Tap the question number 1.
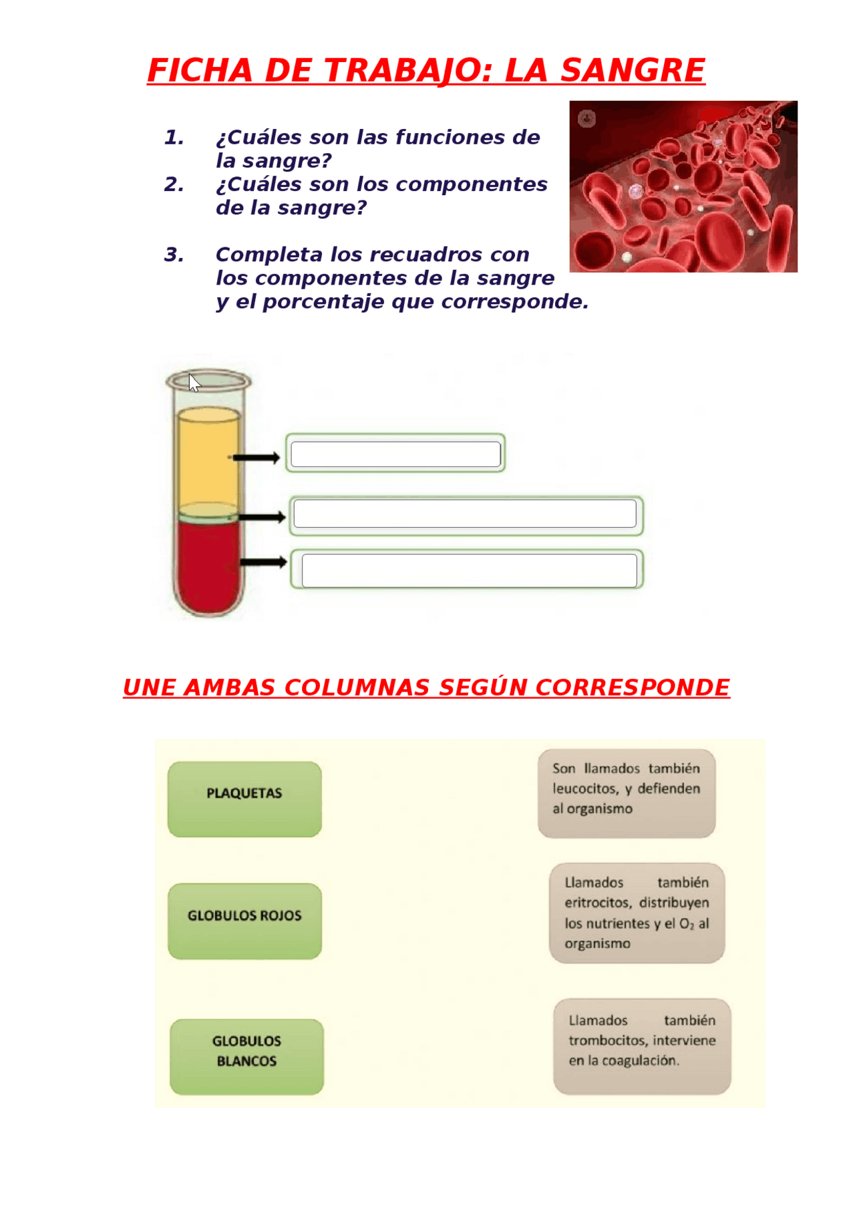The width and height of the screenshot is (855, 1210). [174, 138]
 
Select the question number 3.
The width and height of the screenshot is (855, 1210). [174, 255]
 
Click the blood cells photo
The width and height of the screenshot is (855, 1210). [683, 186]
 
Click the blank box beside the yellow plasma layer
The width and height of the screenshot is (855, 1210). [395, 454]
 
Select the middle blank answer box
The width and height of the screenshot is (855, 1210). [465, 514]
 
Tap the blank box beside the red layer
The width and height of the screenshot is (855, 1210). [469, 571]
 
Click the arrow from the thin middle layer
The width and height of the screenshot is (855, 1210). [262, 517]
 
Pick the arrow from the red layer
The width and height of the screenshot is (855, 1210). [263, 563]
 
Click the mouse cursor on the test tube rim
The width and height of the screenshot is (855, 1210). [194, 383]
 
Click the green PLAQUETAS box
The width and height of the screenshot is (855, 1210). [244, 798]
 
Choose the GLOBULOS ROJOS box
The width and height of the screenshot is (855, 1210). [244, 921]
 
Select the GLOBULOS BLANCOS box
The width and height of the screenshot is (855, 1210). [246, 1056]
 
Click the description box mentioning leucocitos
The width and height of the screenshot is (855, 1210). [627, 793]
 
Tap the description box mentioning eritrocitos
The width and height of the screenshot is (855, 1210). [637, 913]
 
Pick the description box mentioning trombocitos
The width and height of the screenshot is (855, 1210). [642, 1046]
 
